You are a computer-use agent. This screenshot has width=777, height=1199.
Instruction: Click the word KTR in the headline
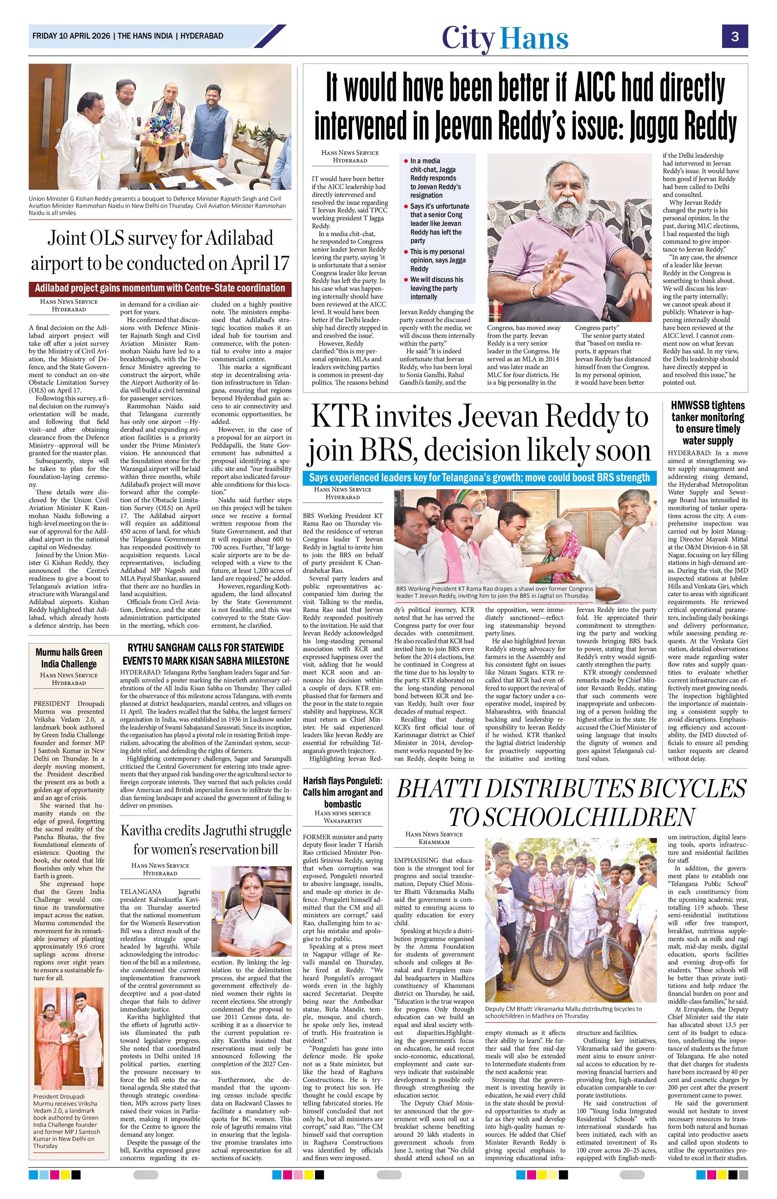(342, 418)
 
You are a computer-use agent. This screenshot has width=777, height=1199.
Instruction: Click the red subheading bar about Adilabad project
(160, 288)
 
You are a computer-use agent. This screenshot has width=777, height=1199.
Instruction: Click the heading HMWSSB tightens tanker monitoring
(707, 423)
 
